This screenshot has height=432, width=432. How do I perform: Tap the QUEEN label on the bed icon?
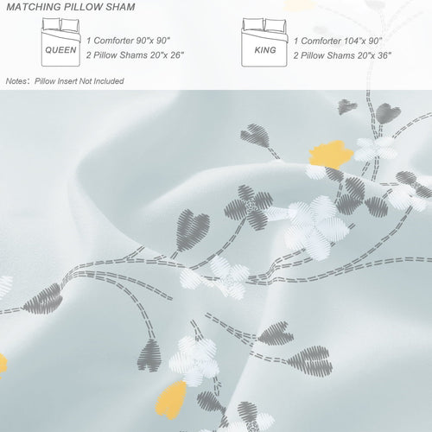tap(60, 50)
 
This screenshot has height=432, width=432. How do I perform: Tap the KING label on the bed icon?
tap(265, 50)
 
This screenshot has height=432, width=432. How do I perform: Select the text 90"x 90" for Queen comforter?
tap(153, 41)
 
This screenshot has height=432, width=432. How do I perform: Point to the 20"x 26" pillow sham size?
tap(167, 55)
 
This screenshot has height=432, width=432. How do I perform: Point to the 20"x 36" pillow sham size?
tap(374, 55)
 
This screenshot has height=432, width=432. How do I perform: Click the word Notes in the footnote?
tap(16, 81)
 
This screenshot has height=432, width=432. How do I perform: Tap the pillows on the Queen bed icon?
tap(60, 24)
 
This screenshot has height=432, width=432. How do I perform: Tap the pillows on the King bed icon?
tap(264, 25)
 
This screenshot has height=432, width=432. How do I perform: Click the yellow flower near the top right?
tap(331, 154)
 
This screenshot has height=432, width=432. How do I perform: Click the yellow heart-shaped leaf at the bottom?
tap(171, 400)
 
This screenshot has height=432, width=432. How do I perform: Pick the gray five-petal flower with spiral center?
tap(249, 206)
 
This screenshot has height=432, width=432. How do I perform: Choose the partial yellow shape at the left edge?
tap(3, 365)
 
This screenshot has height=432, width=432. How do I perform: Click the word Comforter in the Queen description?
tap(113, 41)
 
